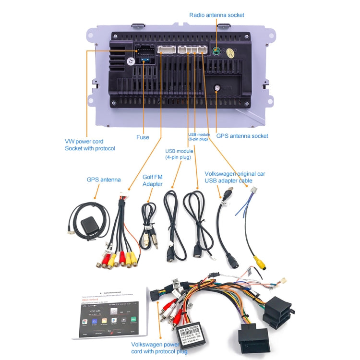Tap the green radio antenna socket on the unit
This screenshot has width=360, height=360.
click(x=217, y=51)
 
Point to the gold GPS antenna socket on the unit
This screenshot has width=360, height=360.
click(x=217, y=88)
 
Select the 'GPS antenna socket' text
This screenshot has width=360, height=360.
click(x=242, y=136)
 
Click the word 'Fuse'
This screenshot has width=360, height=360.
click(x=143, y=137)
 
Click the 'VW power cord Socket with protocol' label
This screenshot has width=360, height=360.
click(x=90, y=145)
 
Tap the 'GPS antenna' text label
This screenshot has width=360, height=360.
click(x=104, y=180)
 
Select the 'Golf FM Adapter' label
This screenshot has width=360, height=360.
click(x=152, y=180)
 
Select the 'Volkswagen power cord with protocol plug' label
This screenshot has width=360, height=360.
click(x=159, y=348)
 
